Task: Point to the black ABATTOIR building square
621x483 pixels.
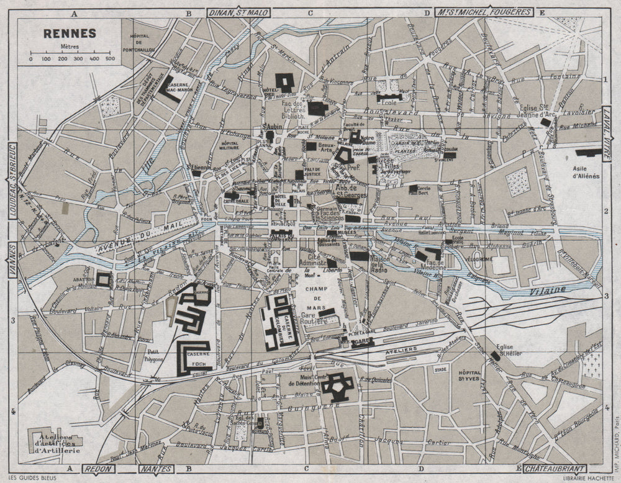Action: [103, 279]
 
